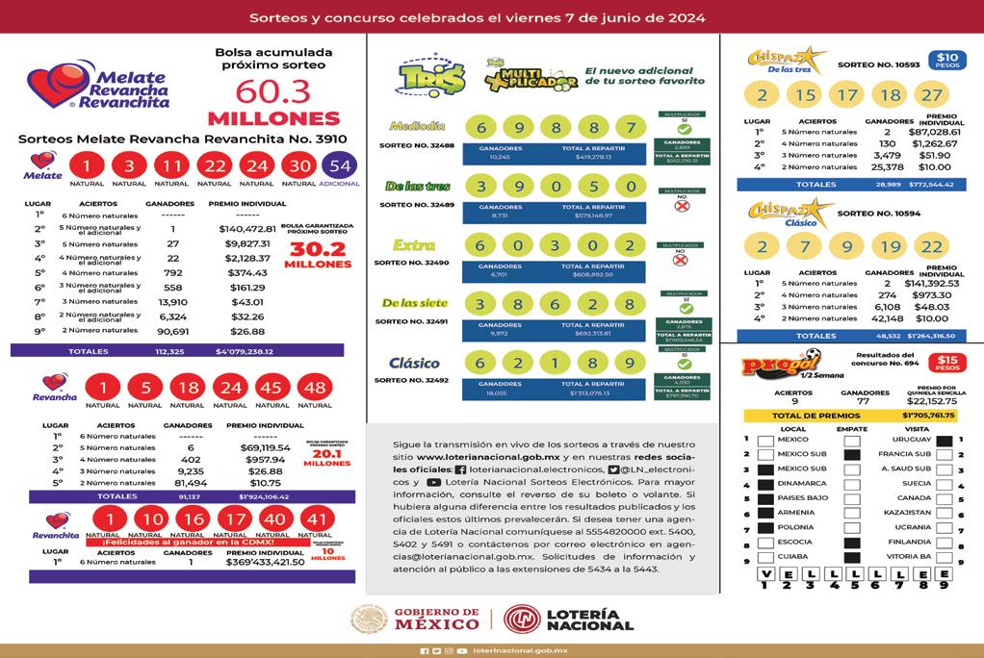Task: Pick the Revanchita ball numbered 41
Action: click(315, 520)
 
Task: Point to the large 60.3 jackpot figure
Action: click(272, 91)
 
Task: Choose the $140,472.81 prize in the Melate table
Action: click(247, 229)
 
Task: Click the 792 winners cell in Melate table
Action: click(172, 272)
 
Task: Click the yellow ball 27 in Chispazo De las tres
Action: click(931, 95)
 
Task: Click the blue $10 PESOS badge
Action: click(948, 62)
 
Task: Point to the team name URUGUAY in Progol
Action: click(912, 440)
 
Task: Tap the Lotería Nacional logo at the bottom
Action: click(568, 618)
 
